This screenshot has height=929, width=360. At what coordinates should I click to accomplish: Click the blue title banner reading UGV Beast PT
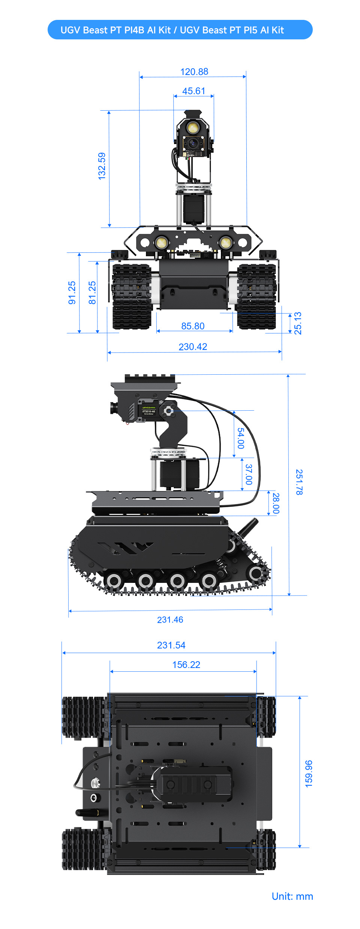point(180,30)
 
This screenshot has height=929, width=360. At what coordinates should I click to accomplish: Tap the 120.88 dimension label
point(194,72)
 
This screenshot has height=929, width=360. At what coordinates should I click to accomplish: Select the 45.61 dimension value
point(193,91)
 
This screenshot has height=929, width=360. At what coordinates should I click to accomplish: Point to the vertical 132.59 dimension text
point(102,166)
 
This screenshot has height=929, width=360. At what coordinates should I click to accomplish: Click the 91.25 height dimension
point(72,293)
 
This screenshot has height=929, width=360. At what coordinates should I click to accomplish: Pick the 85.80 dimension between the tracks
point(193,326)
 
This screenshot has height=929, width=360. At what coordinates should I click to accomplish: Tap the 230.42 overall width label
point(193,347)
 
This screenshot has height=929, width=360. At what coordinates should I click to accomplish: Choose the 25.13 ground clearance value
point(298,323)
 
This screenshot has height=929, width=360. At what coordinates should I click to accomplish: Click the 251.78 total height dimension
point(299,482)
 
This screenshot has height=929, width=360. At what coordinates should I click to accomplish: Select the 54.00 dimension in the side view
point(241,438)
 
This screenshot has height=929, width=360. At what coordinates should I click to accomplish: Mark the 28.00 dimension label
point(276,503)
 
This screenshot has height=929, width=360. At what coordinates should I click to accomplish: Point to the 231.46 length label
point(170,620)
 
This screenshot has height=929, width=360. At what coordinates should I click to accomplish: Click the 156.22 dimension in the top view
point(186,665)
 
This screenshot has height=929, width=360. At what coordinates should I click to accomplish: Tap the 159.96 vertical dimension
point(308,773)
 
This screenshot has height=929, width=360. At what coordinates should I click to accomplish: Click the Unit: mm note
point(292,896)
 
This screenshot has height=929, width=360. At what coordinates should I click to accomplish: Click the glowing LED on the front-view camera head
point(193,128)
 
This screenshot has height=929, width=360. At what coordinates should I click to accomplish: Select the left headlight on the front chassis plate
point(161,242)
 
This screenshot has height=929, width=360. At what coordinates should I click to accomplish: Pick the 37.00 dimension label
point(249,474)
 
